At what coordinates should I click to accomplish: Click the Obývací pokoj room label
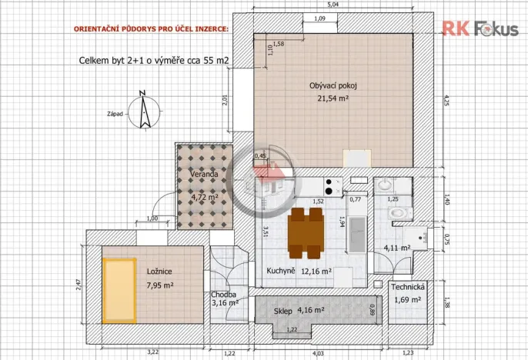point(333,85)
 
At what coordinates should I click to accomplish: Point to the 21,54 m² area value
point(333,98)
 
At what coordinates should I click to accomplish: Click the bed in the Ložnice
point(119,284)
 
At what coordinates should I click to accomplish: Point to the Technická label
point(406,286)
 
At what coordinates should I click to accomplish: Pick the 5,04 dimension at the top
point(332,5)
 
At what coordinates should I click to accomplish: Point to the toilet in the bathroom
point(397,210)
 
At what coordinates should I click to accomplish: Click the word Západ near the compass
point(116,113)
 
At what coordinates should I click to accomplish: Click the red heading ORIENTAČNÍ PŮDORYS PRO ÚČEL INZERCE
point(151,29)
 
